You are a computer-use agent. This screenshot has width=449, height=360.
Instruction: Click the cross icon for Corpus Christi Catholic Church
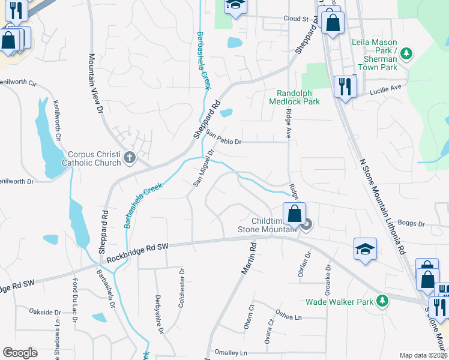tap(130, 158)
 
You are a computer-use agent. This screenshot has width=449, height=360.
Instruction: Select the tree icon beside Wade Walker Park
tap(381, 302)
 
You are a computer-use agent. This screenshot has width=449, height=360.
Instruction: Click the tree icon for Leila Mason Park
tap(406, 54)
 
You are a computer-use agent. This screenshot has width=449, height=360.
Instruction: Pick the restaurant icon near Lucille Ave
tap(345, 86)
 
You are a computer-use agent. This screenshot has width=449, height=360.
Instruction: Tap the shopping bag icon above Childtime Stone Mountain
tap(294, 213)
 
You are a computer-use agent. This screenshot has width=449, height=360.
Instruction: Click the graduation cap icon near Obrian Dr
tap(365, 248)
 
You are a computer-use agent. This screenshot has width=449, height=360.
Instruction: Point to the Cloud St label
tap(295, 19)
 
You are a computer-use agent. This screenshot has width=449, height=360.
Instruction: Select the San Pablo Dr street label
tap(223, 138)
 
